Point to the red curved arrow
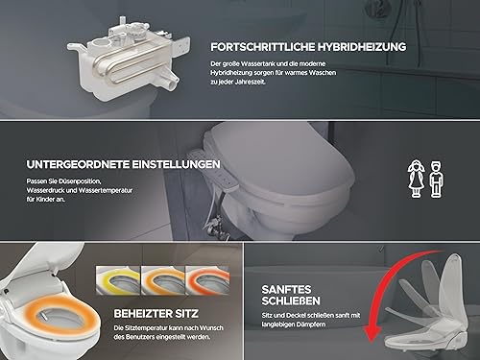click(x=388, y=288)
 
